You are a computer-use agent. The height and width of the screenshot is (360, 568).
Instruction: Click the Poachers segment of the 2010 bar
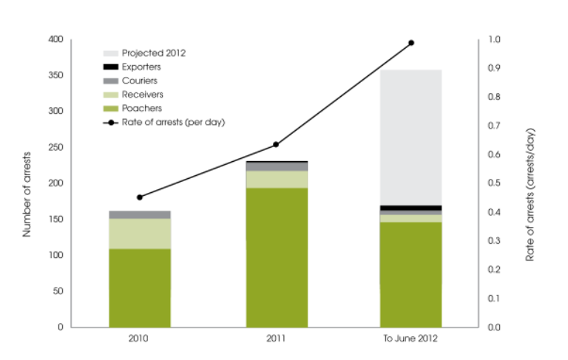click(140, 288)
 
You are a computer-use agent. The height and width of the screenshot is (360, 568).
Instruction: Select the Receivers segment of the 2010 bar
click(140, 234)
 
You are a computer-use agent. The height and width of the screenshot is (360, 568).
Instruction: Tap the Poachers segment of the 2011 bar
click(277, 257)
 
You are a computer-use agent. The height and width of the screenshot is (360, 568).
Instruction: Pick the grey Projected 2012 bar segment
click(410, 137)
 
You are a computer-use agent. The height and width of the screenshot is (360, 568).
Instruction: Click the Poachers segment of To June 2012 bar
click(410, 274)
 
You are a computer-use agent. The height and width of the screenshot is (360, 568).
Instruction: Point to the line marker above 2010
click(140, 197)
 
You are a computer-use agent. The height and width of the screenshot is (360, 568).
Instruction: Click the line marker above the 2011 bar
click(276, 144)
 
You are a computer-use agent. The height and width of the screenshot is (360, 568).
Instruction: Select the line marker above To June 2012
click(411, 43)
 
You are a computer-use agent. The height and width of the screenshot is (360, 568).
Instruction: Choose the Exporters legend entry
click(141, 67)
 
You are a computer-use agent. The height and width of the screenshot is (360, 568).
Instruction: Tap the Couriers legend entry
click(140, 81)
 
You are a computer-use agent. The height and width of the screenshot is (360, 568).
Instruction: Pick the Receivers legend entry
click(142, 95)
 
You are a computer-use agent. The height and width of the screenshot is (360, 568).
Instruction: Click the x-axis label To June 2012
click(410, 341)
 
